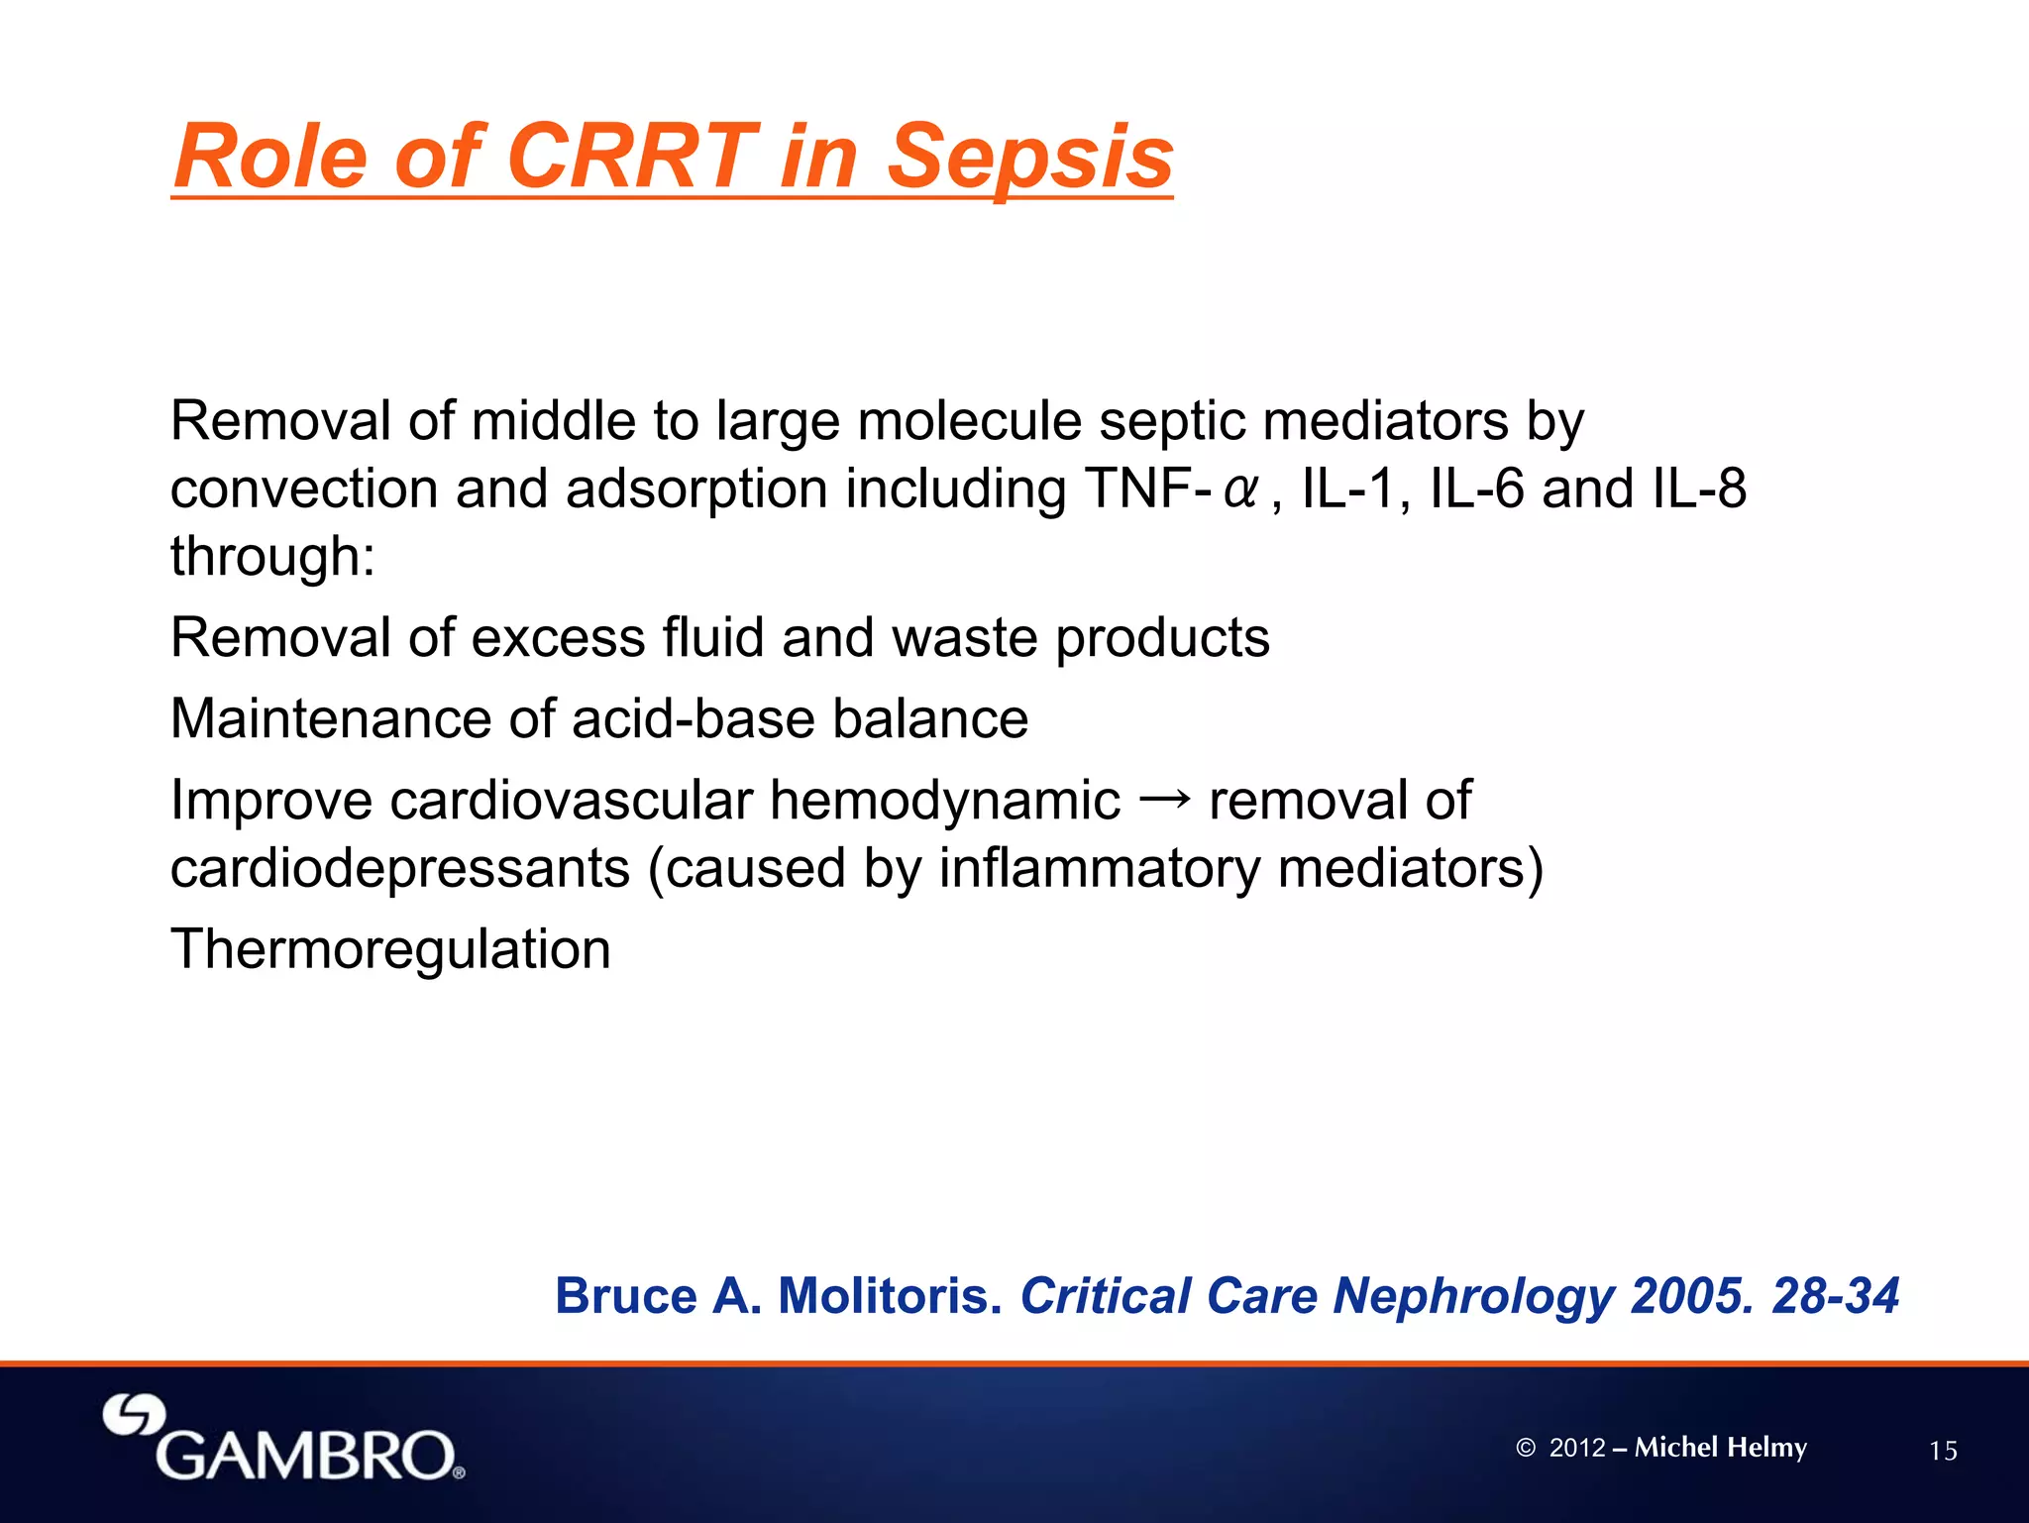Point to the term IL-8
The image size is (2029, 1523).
pos(1699,489)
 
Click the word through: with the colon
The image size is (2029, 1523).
pos(272,556)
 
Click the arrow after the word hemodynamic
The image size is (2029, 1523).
pos(1164,798)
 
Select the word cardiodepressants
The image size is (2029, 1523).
pos(400,868)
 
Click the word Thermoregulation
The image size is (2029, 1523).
pos(390,949)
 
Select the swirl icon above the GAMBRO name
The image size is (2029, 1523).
pos(134,1415)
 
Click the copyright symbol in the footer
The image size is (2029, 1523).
pos(1525,1448)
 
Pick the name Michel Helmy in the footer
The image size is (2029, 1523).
pos(1720,1448)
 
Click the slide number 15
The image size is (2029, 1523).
pos(1943,1452)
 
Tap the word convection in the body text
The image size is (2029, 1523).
pos(304,489)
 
